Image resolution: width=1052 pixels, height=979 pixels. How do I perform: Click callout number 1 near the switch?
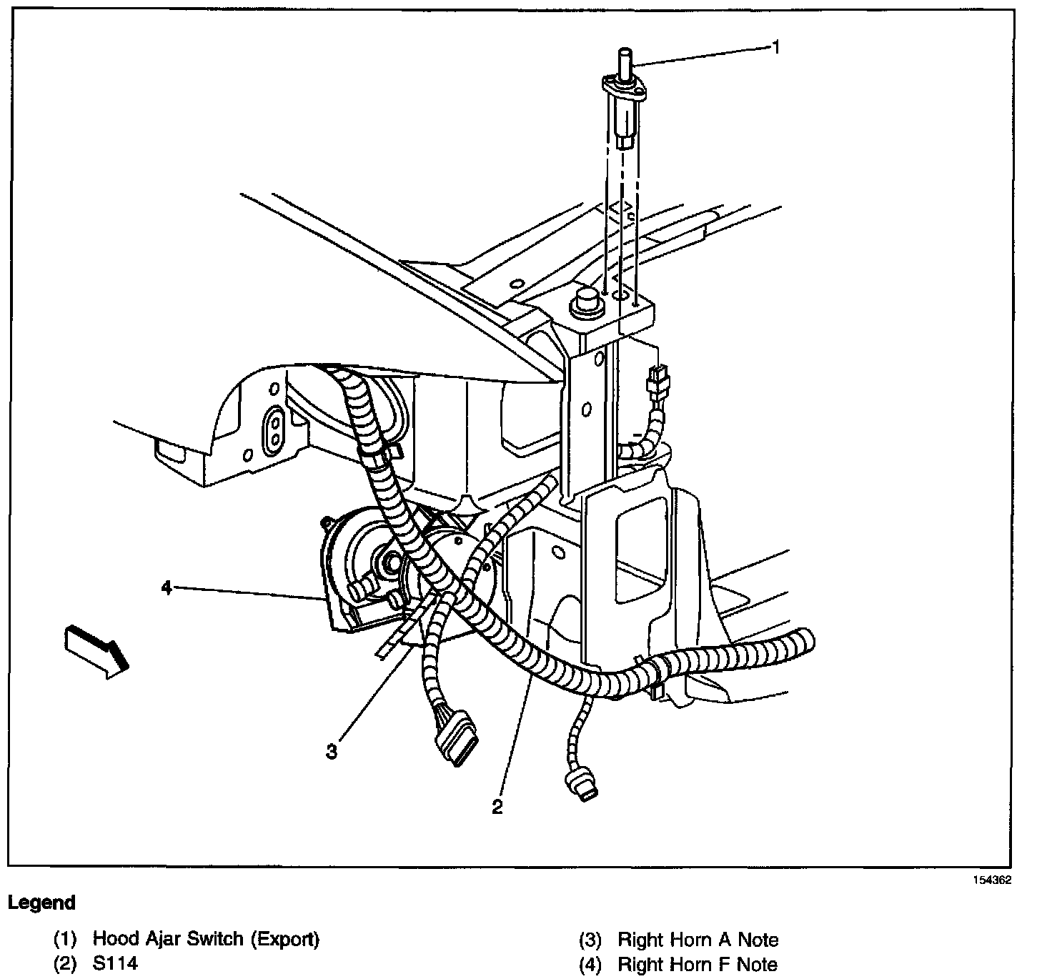[x=775, y=47]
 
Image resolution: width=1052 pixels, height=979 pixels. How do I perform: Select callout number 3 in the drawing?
[x=332, y=751]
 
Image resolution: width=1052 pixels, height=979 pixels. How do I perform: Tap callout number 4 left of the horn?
[x=167, y=587]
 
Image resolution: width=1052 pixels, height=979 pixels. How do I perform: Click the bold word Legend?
[x=41, y=903]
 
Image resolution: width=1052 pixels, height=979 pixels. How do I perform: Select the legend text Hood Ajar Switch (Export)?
[x=206, y=939]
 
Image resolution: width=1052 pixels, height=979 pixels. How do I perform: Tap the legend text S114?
[x=115, y=963]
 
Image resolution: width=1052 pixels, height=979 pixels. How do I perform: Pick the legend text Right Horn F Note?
[x=698, y=964]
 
